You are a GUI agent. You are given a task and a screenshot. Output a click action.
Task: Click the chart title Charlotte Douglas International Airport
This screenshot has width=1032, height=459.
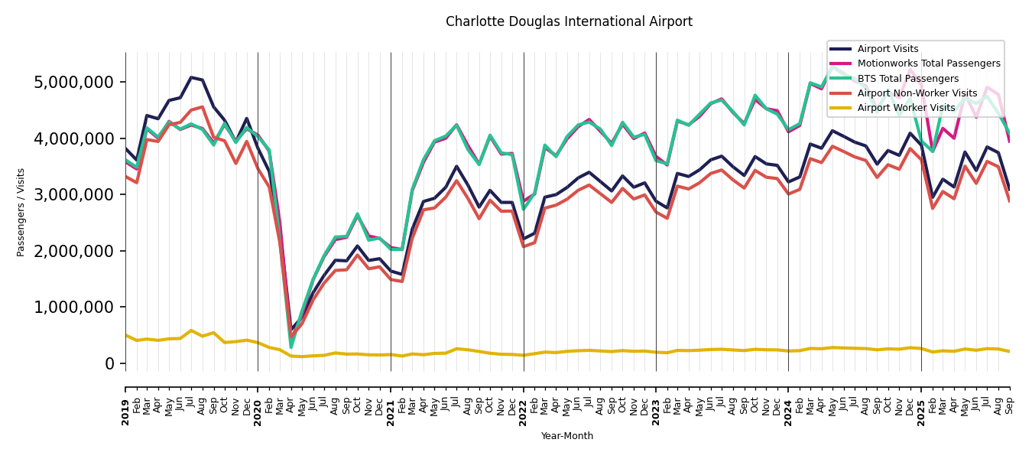click(x=569, y=21)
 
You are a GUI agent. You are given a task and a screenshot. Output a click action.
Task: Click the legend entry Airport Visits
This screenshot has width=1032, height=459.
click(x=888, y=49)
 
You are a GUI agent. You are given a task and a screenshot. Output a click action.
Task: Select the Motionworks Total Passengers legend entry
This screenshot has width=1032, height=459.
click(x=928, y=63)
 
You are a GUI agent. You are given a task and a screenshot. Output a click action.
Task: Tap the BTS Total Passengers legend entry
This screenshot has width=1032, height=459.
click(x=907, y=79)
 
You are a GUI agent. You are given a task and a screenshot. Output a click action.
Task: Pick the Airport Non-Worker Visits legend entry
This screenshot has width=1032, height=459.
click(x=917, y=93)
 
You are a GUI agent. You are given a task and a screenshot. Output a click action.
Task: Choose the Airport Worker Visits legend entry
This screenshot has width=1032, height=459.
click(x=906, y=108)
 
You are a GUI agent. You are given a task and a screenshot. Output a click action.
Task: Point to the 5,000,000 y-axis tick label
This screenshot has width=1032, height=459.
click(x=74, y=82)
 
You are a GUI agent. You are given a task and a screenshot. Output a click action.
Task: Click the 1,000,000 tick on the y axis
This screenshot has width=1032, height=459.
click(x=74, y=307)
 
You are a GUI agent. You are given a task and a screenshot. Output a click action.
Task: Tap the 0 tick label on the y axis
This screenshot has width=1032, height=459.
click(x=110, y=363)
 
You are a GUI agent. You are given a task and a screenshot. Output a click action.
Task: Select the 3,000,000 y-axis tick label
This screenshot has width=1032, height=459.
click(x=74, y=194)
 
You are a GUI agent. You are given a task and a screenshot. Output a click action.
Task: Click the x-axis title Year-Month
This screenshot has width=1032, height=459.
click(x=566, y=436)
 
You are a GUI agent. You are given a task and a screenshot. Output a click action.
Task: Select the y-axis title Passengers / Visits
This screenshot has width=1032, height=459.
click(x=21, y=212)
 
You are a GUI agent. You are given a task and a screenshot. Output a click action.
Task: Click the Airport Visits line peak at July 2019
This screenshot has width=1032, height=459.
click(x=191, y=77)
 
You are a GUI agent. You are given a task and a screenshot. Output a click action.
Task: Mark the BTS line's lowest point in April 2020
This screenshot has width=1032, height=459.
click(x=290, y=347)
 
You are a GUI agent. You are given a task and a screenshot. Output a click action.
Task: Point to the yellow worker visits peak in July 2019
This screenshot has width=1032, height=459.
click(x=191, y=330)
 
